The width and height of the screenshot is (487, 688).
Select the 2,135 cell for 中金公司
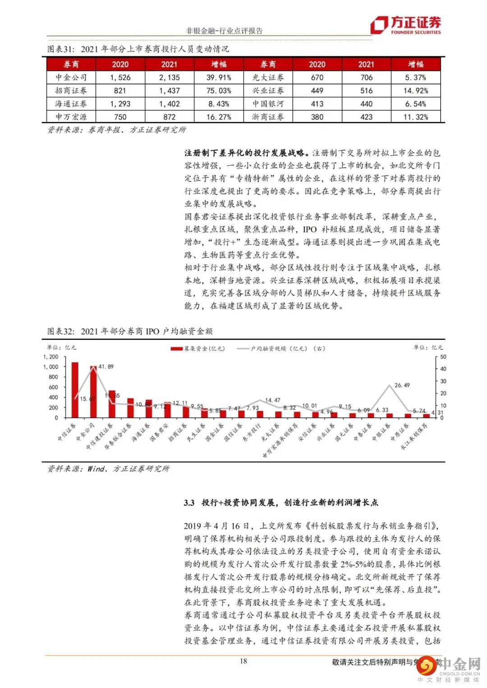click(169, 77)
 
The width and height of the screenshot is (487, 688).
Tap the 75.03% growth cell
click(219, 91)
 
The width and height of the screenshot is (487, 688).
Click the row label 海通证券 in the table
click(71, 104)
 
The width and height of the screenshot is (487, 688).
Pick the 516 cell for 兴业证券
click(366, 91)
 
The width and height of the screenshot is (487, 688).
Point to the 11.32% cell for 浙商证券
click(415, 117)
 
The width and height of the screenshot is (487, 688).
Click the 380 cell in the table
click(317, 117)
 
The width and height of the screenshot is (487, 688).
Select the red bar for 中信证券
click(75, 390)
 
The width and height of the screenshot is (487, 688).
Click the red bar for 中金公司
click(93, 392)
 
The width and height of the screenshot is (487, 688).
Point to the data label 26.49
click(402, 385)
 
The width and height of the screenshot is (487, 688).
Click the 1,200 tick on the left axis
click(51, 357)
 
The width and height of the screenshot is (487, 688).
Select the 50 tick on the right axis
click(443, 357)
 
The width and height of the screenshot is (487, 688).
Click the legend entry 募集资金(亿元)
click(198, 348)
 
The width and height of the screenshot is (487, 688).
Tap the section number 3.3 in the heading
click(189, 502)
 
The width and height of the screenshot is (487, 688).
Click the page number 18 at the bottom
click(243, 661)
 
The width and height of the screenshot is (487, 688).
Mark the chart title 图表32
click(60, 331)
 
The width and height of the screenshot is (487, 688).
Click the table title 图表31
click(60, 49)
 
